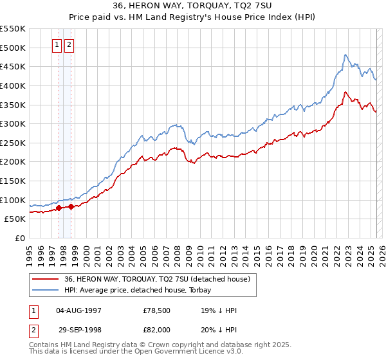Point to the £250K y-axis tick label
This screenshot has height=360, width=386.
pos(12,143)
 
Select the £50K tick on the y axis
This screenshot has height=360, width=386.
pos(15,219)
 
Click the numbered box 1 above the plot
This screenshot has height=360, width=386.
pos(57,45)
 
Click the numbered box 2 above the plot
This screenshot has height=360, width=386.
pos(69,45)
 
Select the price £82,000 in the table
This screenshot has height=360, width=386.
pos(157,329)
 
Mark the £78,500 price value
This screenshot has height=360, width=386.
pos(157,310)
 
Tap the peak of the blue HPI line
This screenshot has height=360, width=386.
pos(345,55)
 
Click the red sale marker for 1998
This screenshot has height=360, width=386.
pos(71,206)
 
